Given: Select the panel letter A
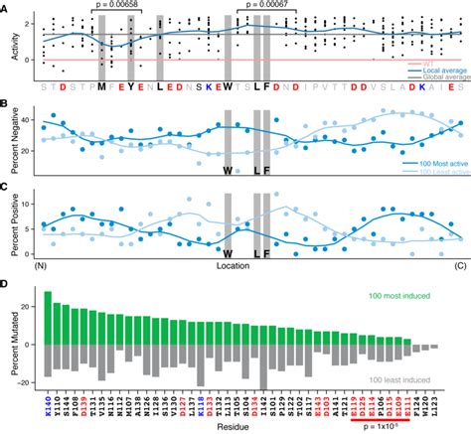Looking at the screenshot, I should pos(7,6).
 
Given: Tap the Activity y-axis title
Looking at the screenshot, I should pos(8,45).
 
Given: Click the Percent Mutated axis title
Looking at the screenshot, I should pos(8,342).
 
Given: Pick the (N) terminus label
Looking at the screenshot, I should pos(42,266).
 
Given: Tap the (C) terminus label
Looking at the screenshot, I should pos(459,266).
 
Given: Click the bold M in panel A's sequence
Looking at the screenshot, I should pos(101,86).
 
